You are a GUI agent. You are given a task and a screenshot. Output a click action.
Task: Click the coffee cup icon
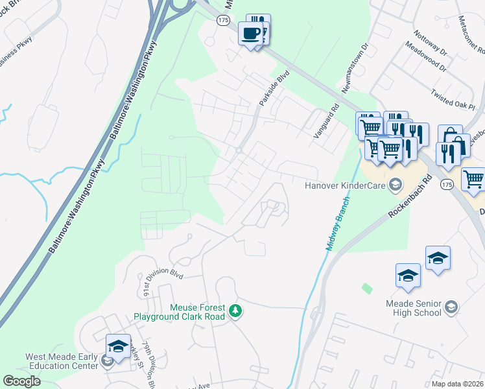coord(250,34)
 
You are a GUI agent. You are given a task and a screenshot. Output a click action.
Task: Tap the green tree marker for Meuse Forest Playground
coord(236,312)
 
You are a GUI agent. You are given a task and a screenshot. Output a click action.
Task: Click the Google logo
coord(22,381)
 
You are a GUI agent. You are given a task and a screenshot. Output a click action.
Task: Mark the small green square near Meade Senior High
coord(368,287)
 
